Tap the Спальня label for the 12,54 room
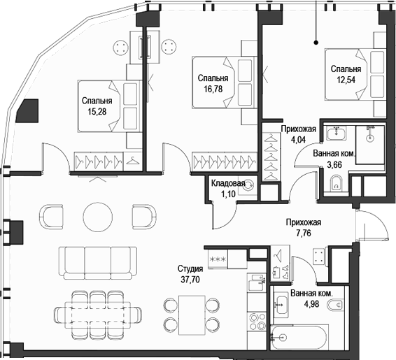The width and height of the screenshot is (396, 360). click(x=346, y=69)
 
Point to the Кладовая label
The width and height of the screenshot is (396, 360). click(x=227, y=183)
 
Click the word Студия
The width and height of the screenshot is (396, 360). click(x=190, y=269)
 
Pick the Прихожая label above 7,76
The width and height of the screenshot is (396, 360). click(x=303, y=223)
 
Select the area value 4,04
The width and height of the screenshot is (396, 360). click(x=290, y=139)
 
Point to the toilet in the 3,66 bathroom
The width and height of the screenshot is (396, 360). click(x=335, y=185)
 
